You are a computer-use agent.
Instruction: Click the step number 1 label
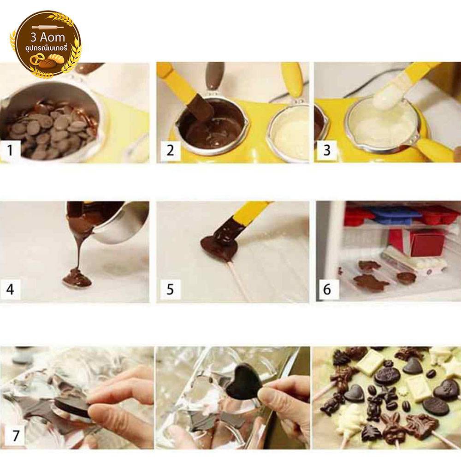click(x=10, y=151)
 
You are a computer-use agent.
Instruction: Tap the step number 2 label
click(x=170, y=151)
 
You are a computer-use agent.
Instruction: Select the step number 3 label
click(x=327, y=151)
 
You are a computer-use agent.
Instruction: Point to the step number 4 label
click(x=10, y=290)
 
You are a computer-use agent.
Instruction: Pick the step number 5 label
click(x=170, y=290)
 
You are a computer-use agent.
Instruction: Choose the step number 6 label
click(x=327, y=290)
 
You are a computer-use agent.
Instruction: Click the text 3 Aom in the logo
click(x=47, y=38)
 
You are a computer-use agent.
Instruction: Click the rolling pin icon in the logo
click(x=47, y=27)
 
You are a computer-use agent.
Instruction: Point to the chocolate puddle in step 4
click(x=77, y=281)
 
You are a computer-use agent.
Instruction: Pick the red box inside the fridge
click(x=427, y=243)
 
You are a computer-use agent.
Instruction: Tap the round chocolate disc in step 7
click(x=71, y=408)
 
